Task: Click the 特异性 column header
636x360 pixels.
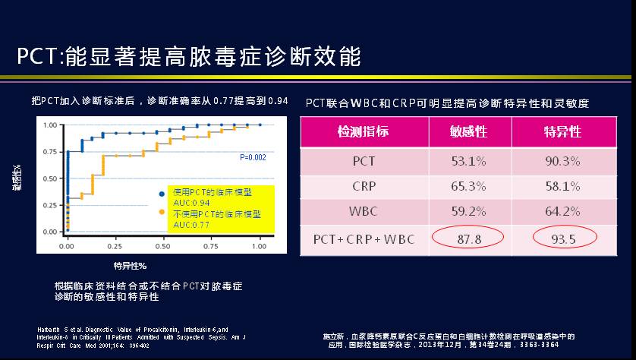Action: pyautogui.click(x=562, y=131)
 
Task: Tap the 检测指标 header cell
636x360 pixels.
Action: pyautogui.click(x=363, y=131)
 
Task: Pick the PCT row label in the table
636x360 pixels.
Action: pyautogui.click(x=364, y=161)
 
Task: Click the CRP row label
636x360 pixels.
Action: pyautogui.click(x=364, y=186)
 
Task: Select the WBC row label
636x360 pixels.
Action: pyautogui.click(x=364, y=212)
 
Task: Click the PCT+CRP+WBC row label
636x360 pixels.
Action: pyautogui.click(x=363, y=239)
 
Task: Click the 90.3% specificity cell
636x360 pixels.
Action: pyautogui.click(x=562, y=161)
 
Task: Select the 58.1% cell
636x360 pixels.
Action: pyautogui.click(x=562, y=186)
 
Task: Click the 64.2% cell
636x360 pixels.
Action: pyautogui.click(x=562, y=212)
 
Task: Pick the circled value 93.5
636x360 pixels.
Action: pyautogui.click(x=562, y=239)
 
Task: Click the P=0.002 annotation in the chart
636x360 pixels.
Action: pyautogui.click(x=253, y=157)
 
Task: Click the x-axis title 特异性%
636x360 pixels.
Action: pyautogui.click(x=130, y=265)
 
